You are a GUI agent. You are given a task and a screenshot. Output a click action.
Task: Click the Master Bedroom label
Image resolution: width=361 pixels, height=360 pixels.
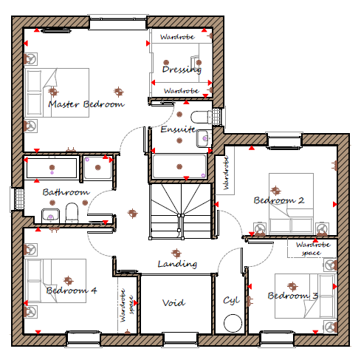(86, 104)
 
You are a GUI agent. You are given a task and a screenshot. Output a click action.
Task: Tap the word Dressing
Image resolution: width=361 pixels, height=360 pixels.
(182, 69)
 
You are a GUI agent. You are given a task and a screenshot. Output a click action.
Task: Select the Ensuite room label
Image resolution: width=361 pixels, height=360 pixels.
(178, 129)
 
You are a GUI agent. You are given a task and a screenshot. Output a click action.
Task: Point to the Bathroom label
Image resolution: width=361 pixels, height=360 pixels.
(66, 192)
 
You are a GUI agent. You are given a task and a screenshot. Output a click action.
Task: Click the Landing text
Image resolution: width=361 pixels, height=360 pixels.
(177, 264)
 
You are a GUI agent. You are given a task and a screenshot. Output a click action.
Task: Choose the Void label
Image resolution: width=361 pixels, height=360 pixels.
(173, 303)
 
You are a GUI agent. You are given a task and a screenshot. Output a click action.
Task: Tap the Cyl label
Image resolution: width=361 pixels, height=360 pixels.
(231, 300)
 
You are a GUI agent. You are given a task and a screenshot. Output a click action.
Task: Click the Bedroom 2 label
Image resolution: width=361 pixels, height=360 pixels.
(279, 200)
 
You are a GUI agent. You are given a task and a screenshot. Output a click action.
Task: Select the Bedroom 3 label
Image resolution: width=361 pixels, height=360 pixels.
(293, 296)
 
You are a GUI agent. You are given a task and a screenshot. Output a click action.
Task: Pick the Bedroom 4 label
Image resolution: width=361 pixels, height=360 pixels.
(72, 291)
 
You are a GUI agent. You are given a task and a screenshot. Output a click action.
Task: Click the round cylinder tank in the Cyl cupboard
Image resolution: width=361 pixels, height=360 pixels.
(233, 323)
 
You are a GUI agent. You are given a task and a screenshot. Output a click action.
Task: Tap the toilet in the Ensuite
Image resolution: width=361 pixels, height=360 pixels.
(202, 118)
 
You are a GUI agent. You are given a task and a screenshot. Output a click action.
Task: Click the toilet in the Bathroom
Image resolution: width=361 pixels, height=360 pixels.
(72, 212)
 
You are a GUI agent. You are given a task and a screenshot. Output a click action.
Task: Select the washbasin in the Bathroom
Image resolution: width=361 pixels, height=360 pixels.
(51, 215)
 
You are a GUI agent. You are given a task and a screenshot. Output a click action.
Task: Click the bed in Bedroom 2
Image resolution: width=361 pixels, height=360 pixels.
(291, 203)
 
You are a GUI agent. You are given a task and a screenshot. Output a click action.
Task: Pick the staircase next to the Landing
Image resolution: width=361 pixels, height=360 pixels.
(180, 211)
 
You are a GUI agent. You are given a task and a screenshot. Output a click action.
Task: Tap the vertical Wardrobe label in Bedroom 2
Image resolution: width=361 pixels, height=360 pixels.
(226, 173)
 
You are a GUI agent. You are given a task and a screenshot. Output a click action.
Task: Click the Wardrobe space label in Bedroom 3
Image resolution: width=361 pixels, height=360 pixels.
(313, 248)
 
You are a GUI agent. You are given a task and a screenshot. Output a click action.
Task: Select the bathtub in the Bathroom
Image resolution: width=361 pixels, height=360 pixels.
(52, 168)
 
